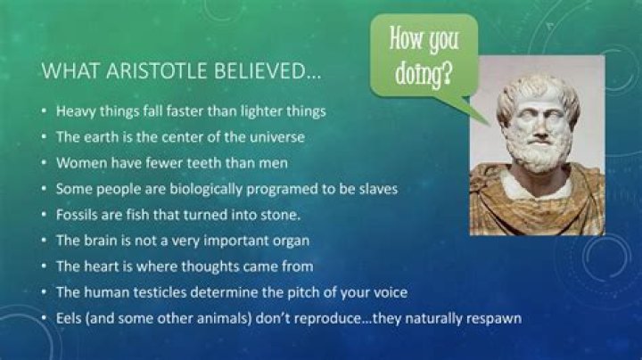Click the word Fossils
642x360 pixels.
click(78, 215)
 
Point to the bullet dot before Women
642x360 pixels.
click(45, 164)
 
